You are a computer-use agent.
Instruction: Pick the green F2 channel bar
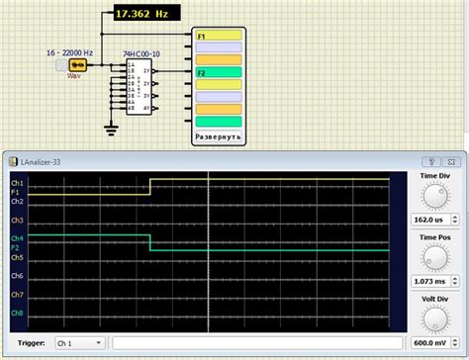pyautogui.click(x=218, y=72)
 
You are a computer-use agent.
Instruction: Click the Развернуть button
pyautogui.click(x=218, y=135)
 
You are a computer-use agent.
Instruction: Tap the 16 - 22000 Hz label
pyautogui.click(x=69, y=51)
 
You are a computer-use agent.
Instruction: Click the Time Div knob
pyautogui.click(x=433, y=195)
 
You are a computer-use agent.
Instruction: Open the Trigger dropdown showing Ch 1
pyautogui.click(x=78, y=342)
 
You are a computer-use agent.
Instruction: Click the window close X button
pyautogui.click(x=454, y=159)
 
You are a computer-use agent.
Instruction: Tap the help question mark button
pyautogui.click(x=430, y=159)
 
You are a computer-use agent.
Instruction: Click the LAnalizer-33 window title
pyautogui.click(x=46, y=159)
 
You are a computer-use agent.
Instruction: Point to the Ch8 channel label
pyautogui.click(x=17, y=314)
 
